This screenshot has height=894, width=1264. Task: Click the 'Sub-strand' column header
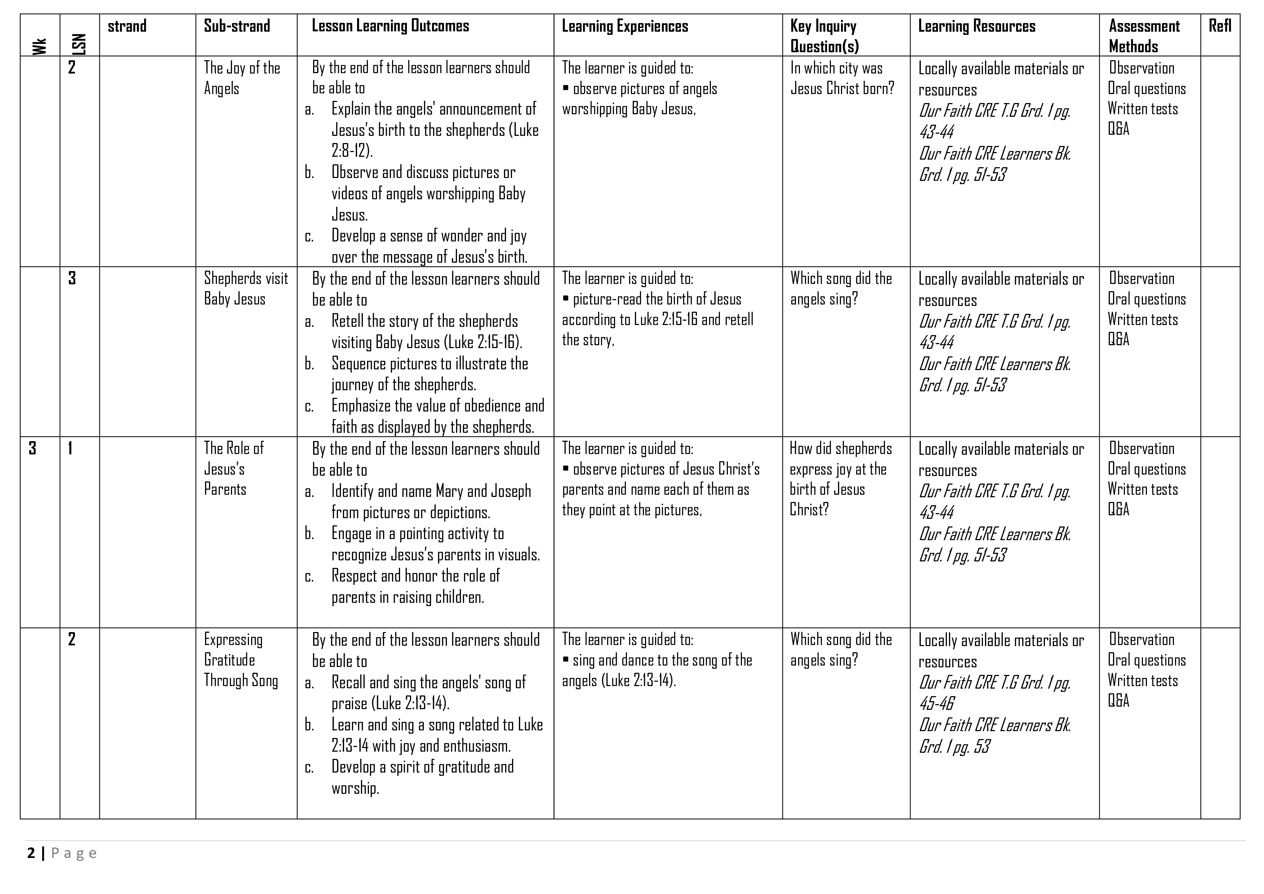(237, 26)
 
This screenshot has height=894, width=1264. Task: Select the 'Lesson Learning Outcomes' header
(390, 26)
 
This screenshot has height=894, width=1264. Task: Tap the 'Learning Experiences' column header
(624, 26)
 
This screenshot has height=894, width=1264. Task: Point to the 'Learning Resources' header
(976, 26)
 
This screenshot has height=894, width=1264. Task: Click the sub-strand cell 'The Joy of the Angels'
(242, 77)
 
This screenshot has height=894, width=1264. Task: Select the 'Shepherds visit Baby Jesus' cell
(245, 289)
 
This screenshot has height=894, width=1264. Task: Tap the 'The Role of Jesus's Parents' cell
(233, 468)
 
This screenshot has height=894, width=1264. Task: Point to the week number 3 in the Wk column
(32, 448)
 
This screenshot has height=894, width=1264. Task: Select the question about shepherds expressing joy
(840, 479)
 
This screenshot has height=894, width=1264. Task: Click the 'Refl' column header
(1219, 26)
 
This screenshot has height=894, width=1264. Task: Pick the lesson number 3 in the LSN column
(72, 278)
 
